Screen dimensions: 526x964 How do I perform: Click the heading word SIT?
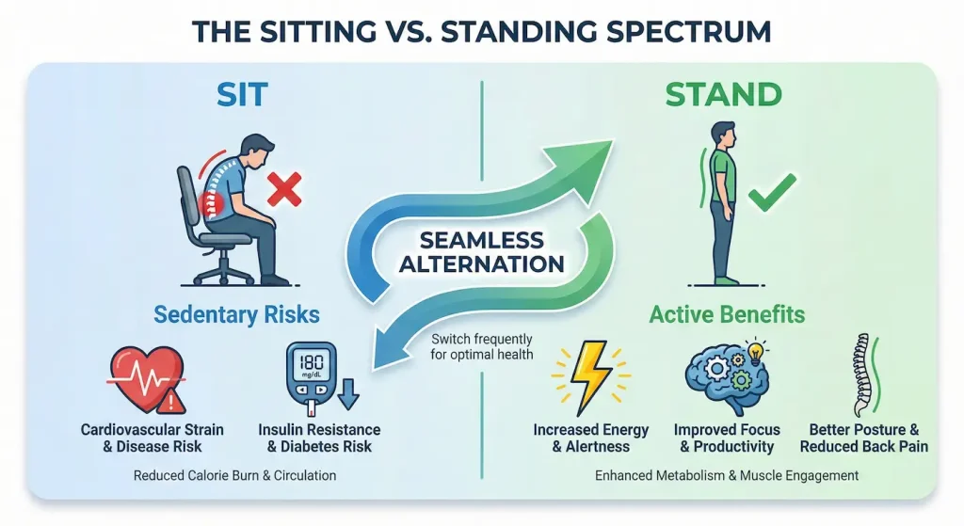click(x=242, y=94)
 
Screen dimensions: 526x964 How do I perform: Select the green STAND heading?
click(x=723, y=94)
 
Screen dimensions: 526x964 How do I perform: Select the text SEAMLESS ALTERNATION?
click(x=481, y=251)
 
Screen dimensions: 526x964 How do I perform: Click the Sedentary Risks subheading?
click(x=238, y=313)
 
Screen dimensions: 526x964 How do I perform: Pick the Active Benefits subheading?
click(x=727, y=313)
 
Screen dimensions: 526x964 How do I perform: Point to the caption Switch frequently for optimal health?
click(x=482, y=346)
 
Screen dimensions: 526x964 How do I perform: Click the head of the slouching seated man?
click(x=255, y=150)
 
